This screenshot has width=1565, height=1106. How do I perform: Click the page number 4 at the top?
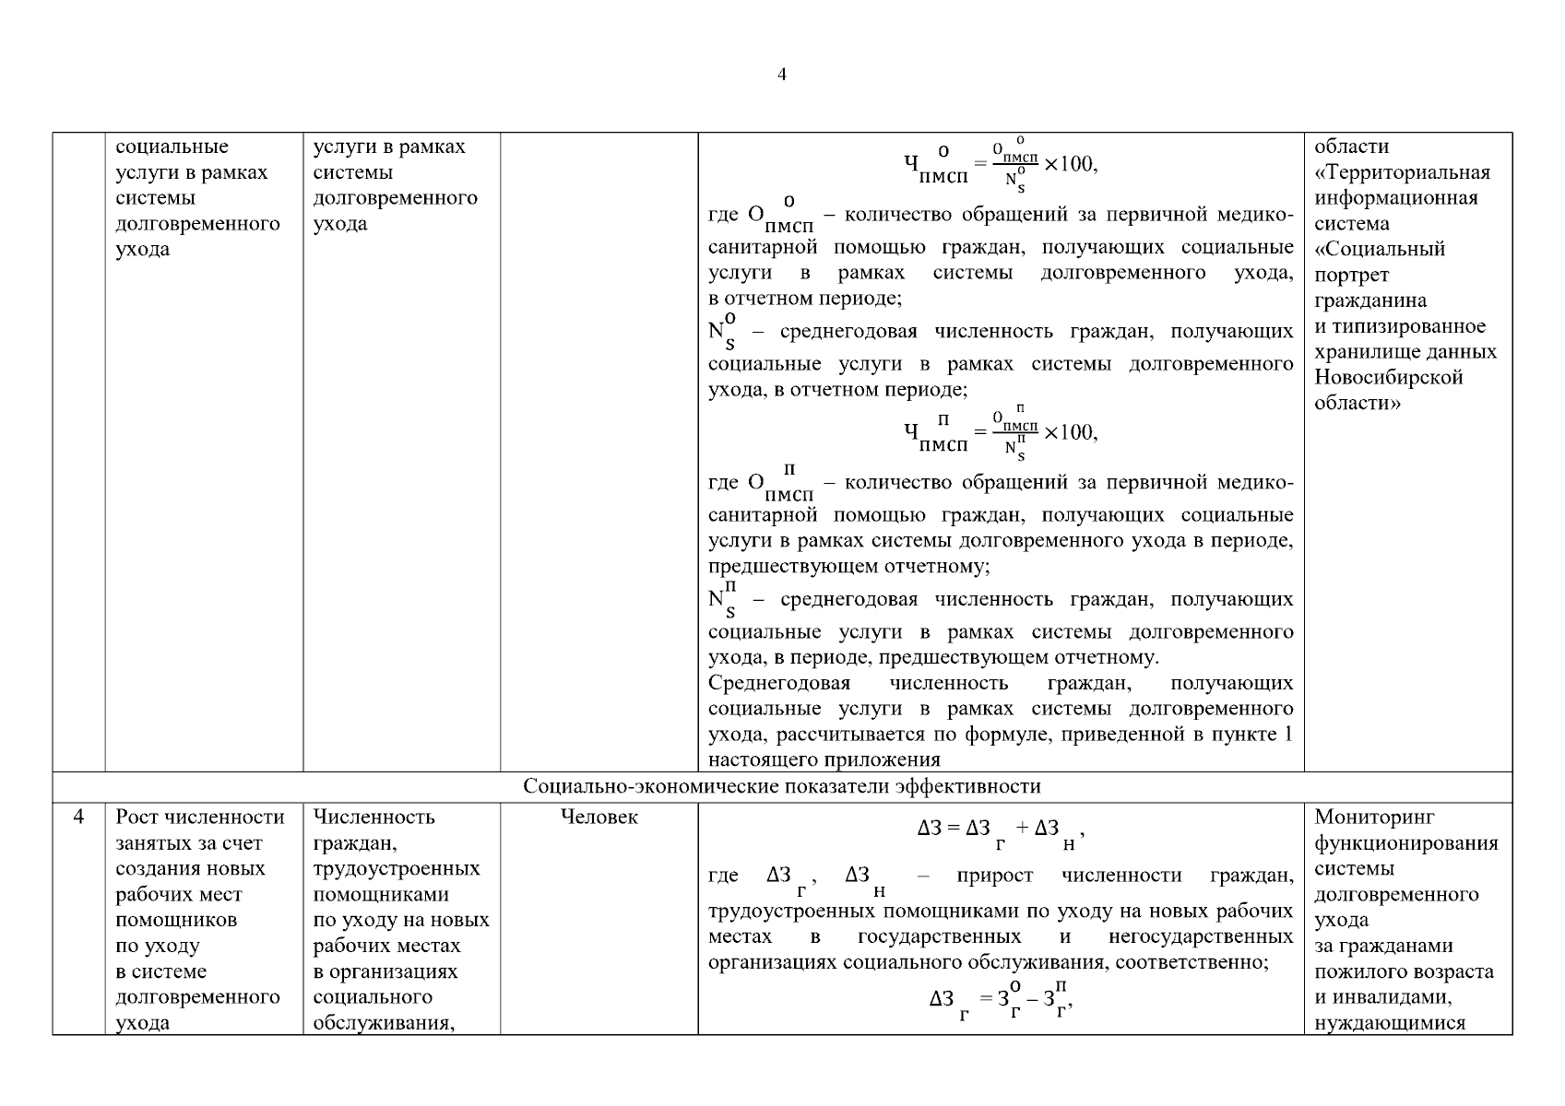point(782,75)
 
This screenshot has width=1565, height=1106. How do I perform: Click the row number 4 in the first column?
point(78,818)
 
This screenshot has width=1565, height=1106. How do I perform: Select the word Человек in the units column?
point(599,818)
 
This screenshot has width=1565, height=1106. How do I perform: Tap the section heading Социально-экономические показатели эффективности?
point(782,787)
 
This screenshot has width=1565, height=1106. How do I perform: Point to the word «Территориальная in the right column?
point(1402,172)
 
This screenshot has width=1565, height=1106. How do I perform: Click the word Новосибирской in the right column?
point(1389,377)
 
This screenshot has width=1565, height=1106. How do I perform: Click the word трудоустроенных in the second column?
point(397,869)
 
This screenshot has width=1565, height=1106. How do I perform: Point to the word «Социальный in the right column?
point(1380,249)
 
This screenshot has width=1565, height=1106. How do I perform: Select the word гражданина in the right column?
point(1370,300)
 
